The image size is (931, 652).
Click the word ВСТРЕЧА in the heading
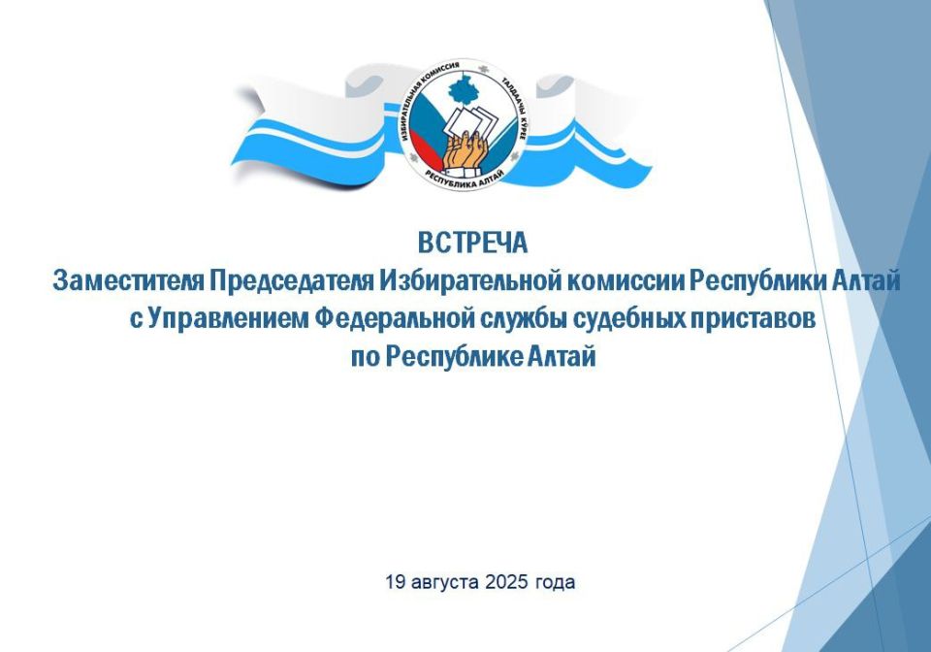[472, 243]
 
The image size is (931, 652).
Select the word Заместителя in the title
[128, 280]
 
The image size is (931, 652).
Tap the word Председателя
[291, 280]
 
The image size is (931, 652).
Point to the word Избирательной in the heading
[470, 280]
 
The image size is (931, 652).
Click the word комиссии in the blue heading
[626, 280]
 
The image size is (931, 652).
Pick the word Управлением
[229, 320]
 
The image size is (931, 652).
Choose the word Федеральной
[394, 320]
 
